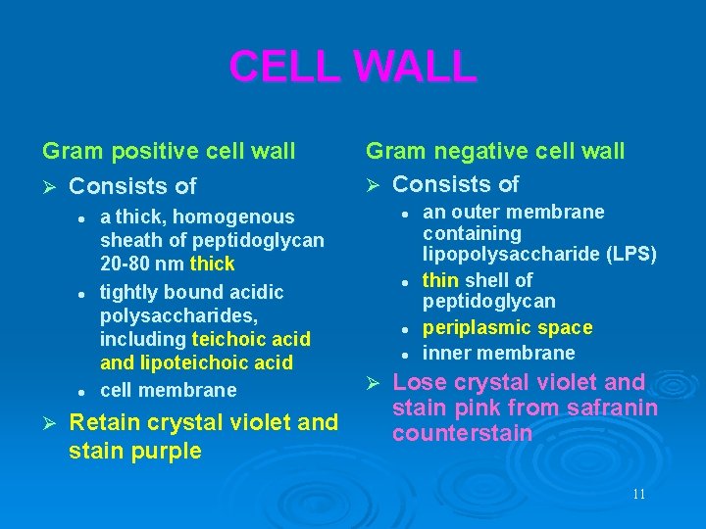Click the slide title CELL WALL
pyautogui.click(x=352, y=67)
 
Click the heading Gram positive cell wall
pyautogui.click(x=169, y=151)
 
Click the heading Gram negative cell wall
pyautogui.click(x=494, y=151)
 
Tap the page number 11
pyautogui.click(x=638, y=494)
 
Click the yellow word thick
pyautogui.click(x=213, y=264)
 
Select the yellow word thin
pyautogui.click(x=440, y=280)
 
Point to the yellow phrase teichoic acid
pyautogui.click(x=251, y=339)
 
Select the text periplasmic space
pyautogui.click(x=507, y=327)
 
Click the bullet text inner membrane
pyautogui.click(x=498, y=353)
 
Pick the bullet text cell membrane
pyautogui.click(x=168, y=390)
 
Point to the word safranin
pyautogui.click(x=609, y=408)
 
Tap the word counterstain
pyautogui.click(x=462, y=433)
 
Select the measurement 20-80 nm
pyautogui.click(x=143, y=264)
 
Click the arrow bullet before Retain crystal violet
pyautogui.click(x=50, y=422)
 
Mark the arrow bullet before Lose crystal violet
pyautogui.click(x=373, y=382)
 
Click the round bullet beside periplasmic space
pyautogui.click(x=404, y=328)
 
